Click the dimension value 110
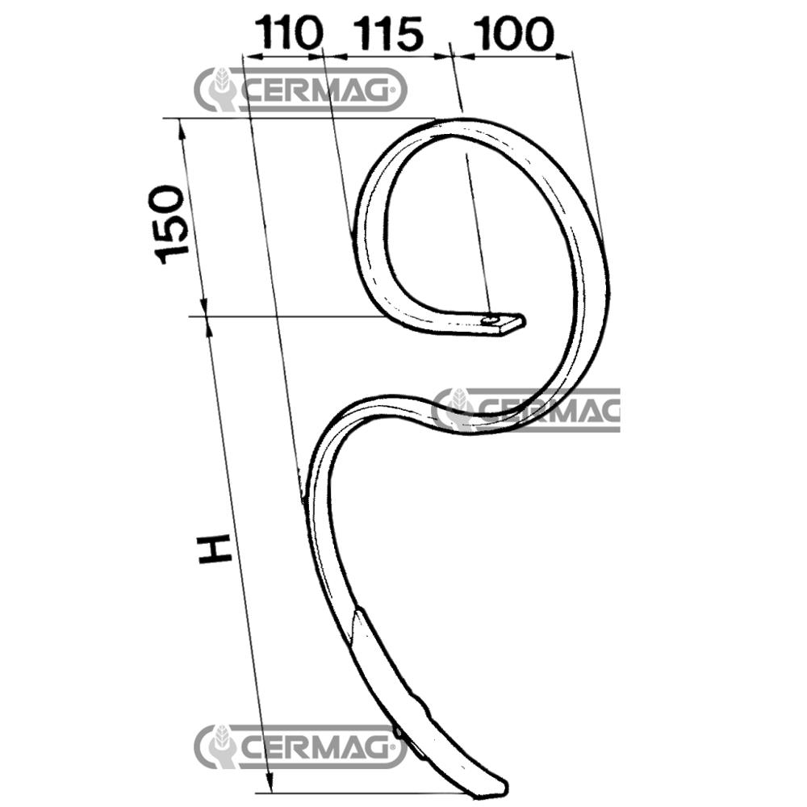pyautogui.click(x=289, y=35)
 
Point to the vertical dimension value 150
pyautogui.click(x=171, y=224)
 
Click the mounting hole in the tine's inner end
pyautogui.click(x=491, y=321)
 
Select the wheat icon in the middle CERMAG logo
pyautogui.click(x=458, y=409)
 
